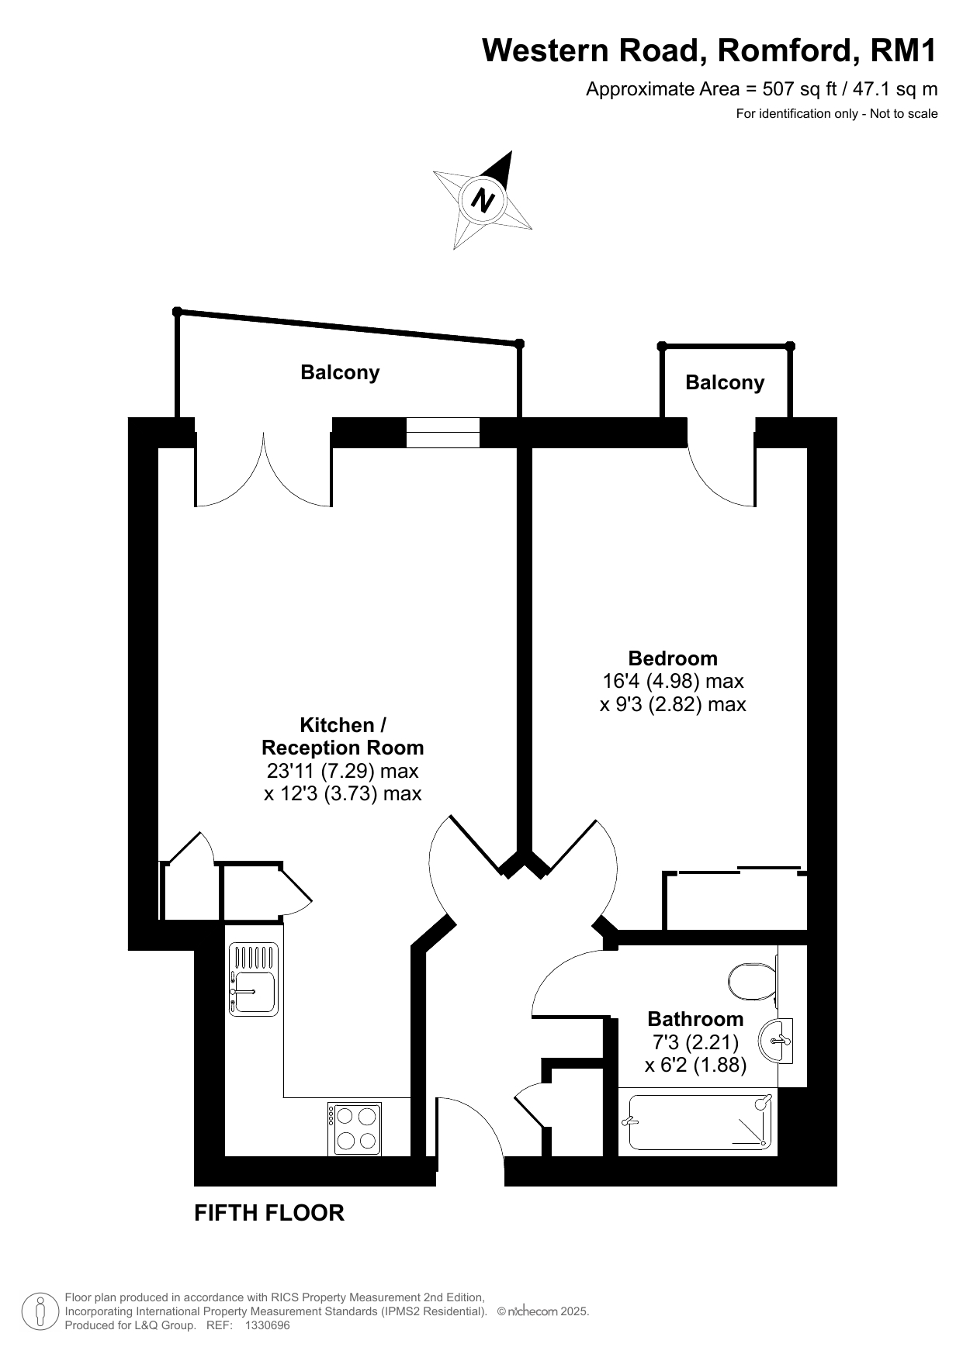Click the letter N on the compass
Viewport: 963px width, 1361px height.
point(484,200)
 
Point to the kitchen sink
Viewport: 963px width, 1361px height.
point(253,979)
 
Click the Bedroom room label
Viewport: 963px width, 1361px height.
point(673,658)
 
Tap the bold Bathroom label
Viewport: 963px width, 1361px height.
point(695,1019)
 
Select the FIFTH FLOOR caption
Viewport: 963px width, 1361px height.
point(269,1213)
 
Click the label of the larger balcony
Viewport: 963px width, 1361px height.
point(340,373)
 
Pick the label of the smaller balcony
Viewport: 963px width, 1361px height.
point(725,382)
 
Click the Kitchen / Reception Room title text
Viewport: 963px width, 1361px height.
point(343,737)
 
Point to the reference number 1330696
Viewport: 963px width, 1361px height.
point(267,1326)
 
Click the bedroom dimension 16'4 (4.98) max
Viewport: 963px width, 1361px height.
point(673,682)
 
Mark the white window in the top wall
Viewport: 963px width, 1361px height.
point(443,432)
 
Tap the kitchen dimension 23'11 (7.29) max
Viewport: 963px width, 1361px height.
point(342,772)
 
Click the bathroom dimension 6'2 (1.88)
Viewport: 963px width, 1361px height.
point(696,1066)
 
